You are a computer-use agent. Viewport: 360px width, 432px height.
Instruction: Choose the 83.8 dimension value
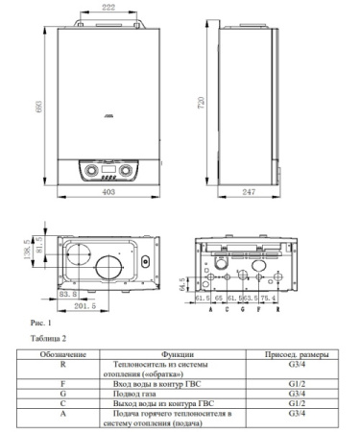(68, 294)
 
